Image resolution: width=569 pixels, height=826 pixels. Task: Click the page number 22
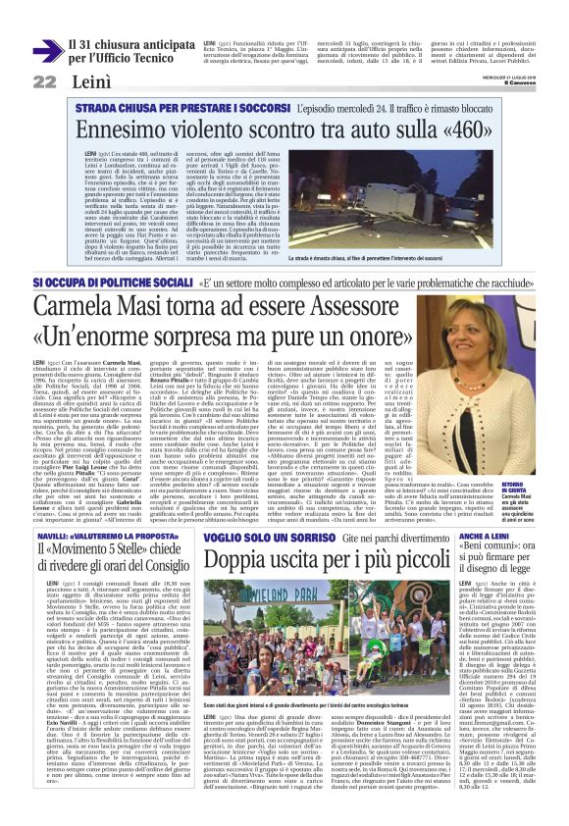[44, 80]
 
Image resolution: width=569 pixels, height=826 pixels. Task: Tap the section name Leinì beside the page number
[90, 80]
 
